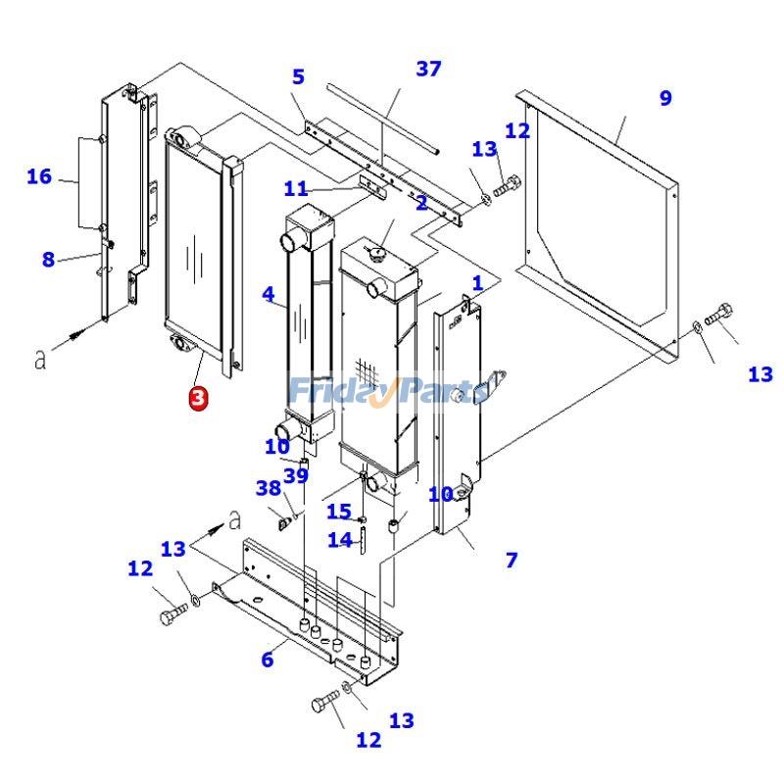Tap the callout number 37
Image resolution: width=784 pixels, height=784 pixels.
(428, 69)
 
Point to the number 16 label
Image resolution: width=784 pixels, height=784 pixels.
(39, 176)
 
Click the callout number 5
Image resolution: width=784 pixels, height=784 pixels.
(298, 76)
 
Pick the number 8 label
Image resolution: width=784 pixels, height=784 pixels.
(48, 260)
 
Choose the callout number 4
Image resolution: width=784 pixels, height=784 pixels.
(268, 293)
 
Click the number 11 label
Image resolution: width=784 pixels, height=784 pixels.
(296, 188)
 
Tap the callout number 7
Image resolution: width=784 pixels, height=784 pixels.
(512, 561)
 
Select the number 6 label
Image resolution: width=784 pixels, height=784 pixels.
(267, 660)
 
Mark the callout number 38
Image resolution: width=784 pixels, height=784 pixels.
(269, 488)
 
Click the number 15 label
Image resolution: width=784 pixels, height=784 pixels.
(339, 512)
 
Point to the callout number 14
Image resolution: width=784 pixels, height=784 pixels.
(339, 539)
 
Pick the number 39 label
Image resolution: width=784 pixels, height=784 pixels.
(296, 475)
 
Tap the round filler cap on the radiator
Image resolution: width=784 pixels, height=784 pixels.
(374, 252)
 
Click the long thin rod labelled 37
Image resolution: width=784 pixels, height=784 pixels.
(382, 119)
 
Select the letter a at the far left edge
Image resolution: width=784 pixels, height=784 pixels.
(40, 360)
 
